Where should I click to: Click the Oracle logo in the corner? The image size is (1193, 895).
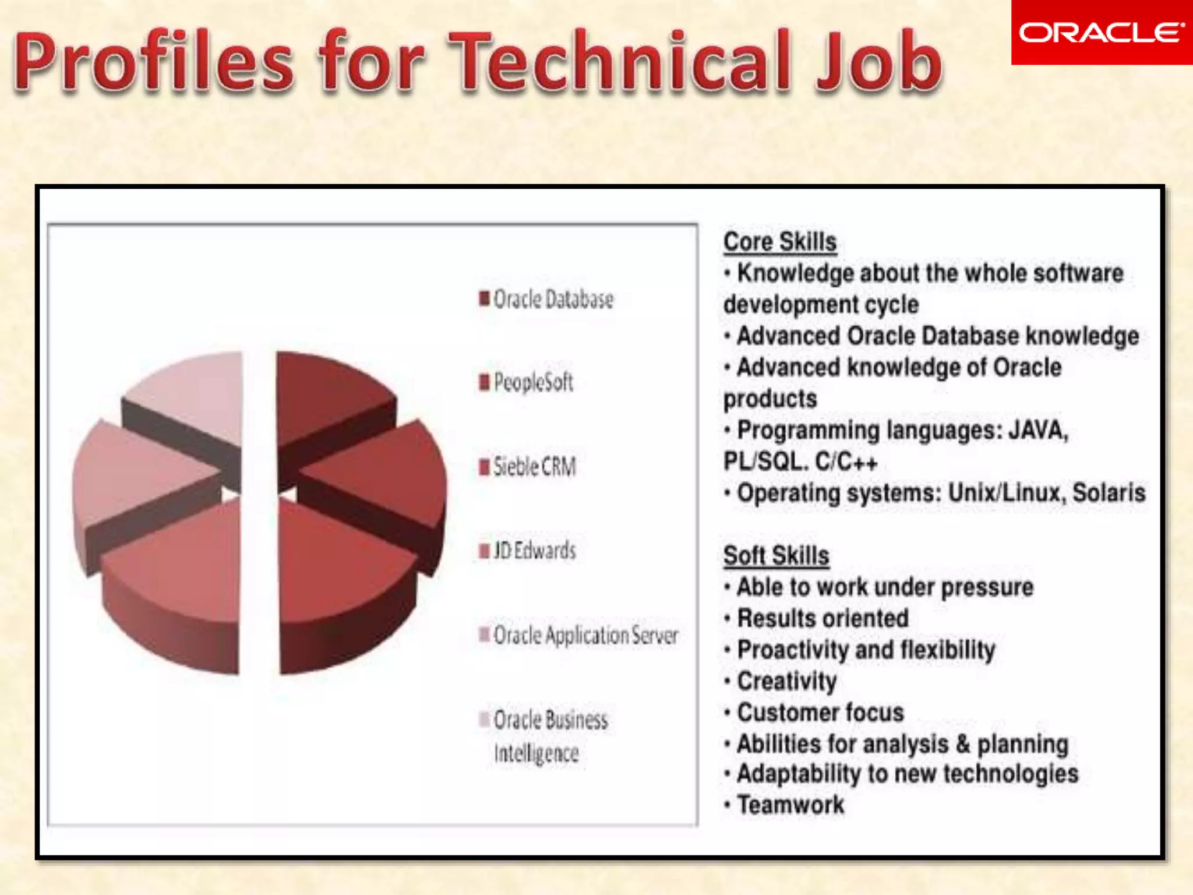(1101, 33)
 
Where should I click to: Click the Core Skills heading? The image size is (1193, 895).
(779, 242)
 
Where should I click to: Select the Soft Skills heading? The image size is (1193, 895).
(776, 555)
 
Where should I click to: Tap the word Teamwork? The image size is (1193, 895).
(790, 805)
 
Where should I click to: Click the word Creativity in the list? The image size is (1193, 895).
(787, 681)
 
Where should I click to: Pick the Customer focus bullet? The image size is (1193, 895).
(820, 713)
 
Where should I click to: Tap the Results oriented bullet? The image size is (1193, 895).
(823, 618)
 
